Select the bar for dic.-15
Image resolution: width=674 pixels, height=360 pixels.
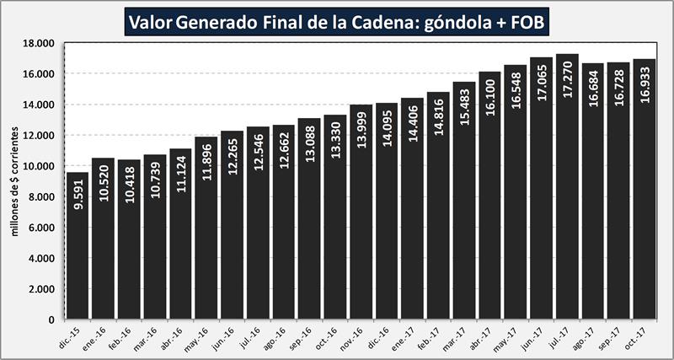(78, 253)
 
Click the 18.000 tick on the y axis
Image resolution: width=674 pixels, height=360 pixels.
(39, 43)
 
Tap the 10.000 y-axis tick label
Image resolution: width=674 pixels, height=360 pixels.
(39, 166)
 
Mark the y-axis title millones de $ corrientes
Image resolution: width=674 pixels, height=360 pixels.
(14, 181)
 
